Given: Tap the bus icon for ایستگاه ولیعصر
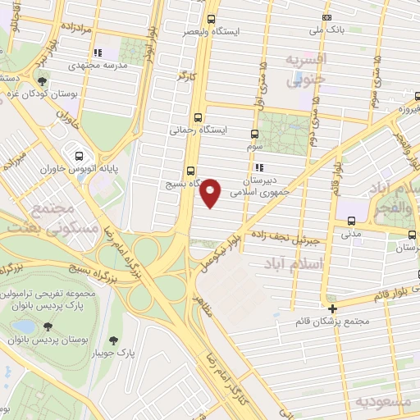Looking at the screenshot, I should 212,19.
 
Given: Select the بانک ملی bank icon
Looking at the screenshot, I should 327,17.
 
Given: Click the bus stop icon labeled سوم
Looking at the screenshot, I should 254,134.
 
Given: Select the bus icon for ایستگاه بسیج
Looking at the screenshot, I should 190,171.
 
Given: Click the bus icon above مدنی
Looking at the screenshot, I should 351,220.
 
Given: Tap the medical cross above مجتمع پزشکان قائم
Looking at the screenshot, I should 332,308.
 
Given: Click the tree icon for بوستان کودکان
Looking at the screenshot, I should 41,81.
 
